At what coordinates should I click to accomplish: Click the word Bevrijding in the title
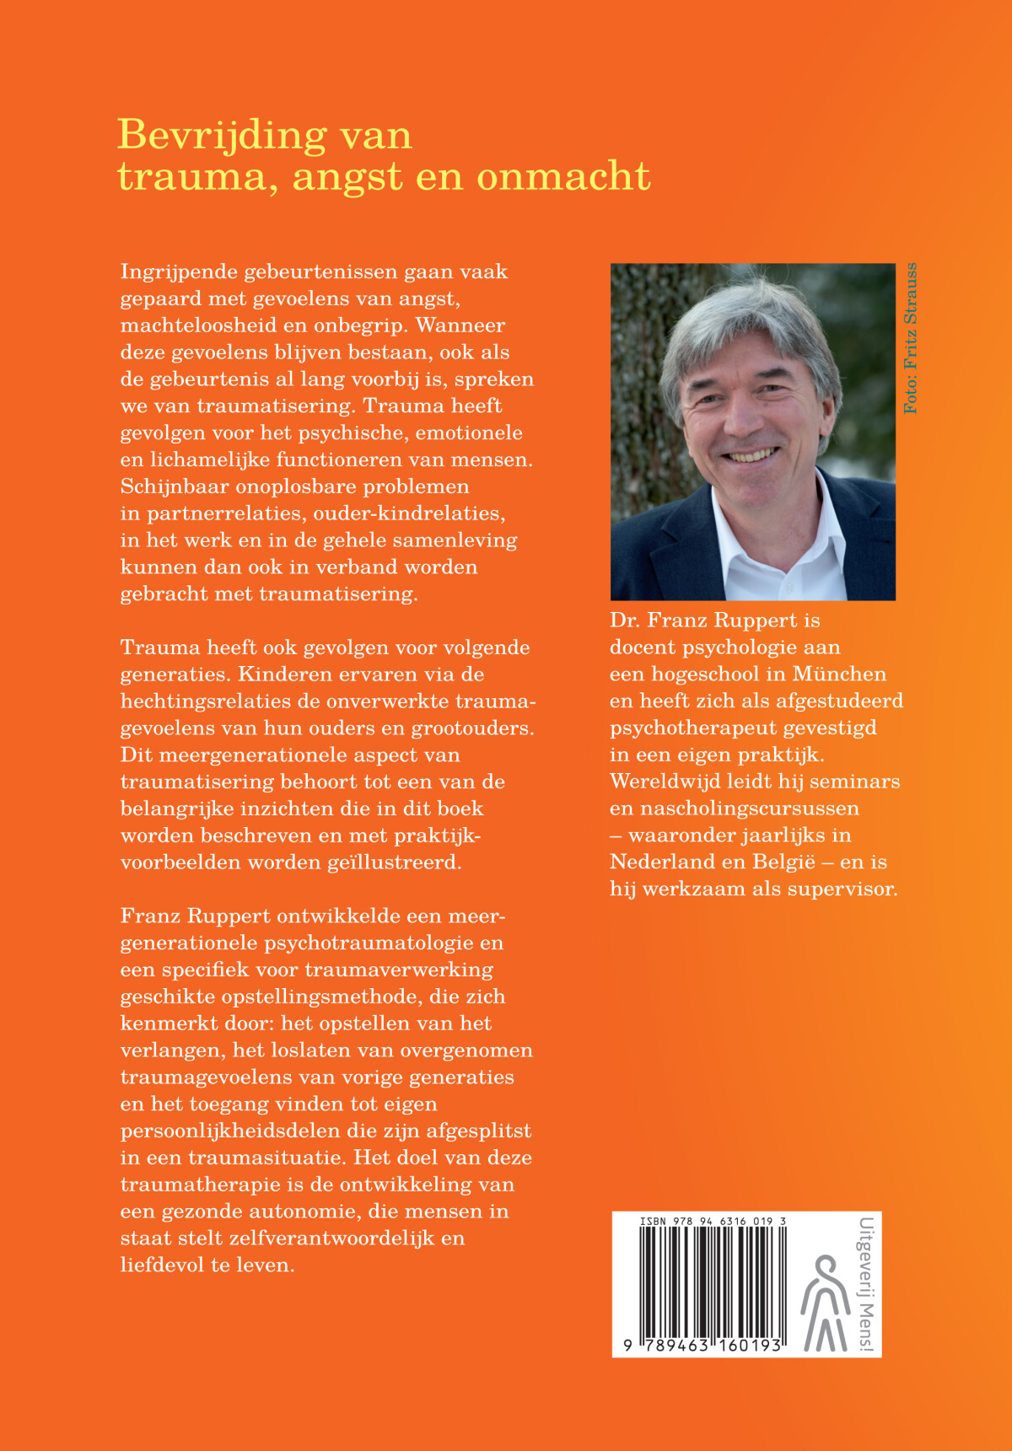(222, 137)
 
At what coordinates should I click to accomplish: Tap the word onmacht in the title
(563, 177)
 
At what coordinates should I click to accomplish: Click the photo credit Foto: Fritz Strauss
(910, 338)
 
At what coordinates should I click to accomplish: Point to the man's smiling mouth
(749, 456)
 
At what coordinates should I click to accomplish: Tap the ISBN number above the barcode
(713, 1221)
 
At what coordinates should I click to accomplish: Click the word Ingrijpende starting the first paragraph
(179, 272)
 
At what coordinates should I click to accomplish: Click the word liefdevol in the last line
(161, 1266)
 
